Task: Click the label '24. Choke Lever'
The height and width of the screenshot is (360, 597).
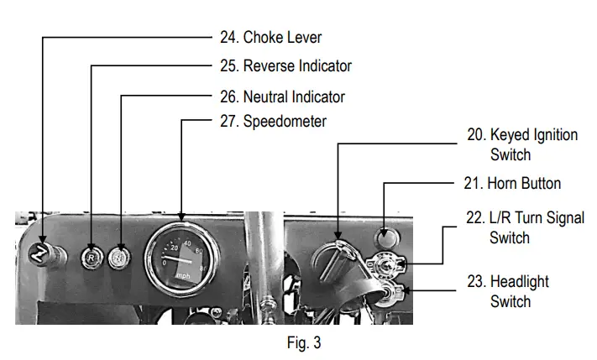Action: click(282, 38)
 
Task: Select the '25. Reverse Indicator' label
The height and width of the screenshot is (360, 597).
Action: click(297, 65)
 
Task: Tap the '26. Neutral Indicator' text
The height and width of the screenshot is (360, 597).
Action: click(294, 96)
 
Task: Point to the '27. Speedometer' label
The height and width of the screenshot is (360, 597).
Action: click(285, 121)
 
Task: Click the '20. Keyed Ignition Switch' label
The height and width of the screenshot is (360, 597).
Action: click(523, 144)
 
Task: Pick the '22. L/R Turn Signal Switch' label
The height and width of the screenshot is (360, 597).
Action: click(526, 227)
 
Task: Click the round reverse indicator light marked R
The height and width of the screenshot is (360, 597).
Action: click(91, 258)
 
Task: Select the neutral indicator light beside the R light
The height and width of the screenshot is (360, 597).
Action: click(121, 258)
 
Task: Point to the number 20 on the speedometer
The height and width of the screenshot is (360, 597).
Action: click(175, 248)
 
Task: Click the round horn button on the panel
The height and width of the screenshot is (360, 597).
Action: click(385, 237)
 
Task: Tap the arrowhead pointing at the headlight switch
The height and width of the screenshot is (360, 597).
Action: click(406, 291)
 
